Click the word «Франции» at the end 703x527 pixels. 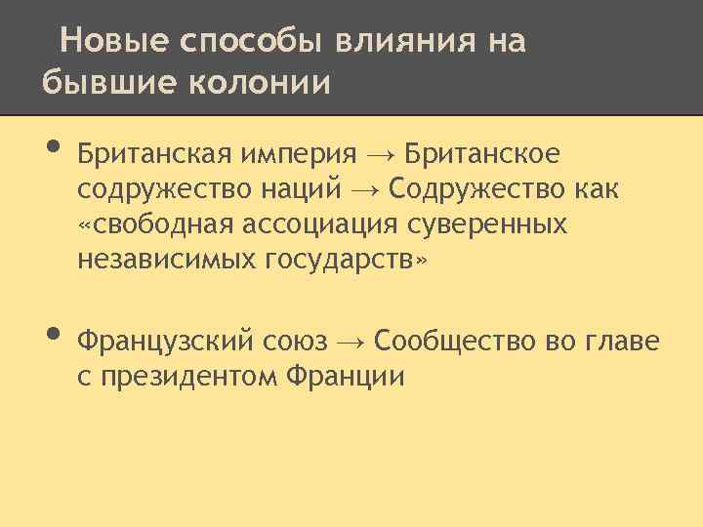pyautogui.click(x=347, y=377)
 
